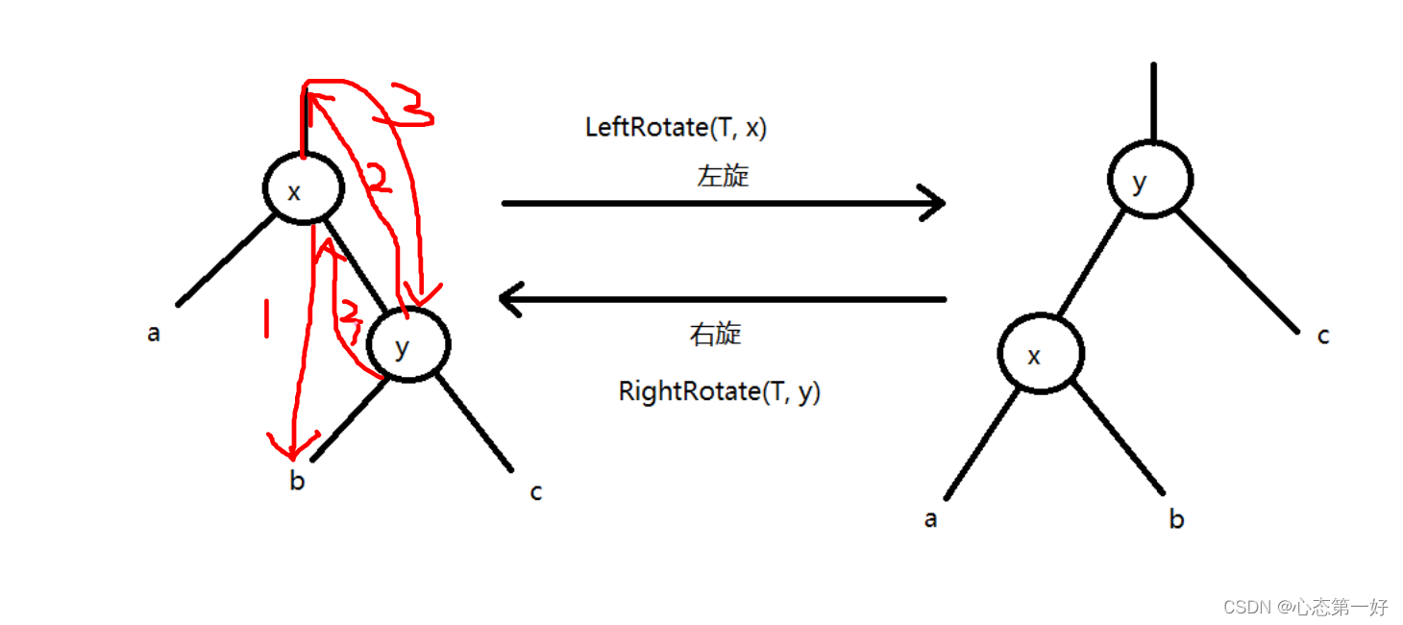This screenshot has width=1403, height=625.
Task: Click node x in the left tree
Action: click(303, 189)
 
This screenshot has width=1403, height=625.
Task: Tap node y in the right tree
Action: click(1149, 180)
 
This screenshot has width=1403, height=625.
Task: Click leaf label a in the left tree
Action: click(154, 335)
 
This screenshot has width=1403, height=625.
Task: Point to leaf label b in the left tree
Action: click(297, 481)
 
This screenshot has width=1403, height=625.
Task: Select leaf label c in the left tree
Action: click(536, 492)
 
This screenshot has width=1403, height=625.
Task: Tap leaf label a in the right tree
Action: click(930, 519)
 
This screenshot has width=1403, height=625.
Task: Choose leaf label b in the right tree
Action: click(1176, 520)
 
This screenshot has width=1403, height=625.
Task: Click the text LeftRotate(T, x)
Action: click(676, 127)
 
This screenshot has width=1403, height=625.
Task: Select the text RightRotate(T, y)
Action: click(720, 391)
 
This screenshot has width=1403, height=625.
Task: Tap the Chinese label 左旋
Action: click(723, 176)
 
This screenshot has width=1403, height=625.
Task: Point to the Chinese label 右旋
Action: click(716, 334)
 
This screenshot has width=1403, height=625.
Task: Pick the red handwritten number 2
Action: click(380, 179)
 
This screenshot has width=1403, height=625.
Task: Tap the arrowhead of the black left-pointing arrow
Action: click(510, 299)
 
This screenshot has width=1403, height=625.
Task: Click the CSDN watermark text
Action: click(1305, 607)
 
